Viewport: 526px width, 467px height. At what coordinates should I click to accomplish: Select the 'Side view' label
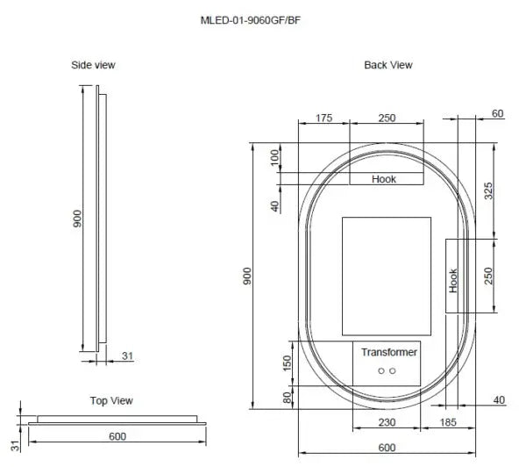point(93,65)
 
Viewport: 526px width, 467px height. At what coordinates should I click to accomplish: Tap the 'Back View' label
point(387,65)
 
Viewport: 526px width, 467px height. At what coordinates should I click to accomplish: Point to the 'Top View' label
point(110,400)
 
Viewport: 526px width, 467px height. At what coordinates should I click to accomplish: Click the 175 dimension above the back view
point(323,118)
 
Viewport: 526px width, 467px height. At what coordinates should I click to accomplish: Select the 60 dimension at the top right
point(497,113)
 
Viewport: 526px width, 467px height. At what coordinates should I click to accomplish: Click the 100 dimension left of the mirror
point(274,157)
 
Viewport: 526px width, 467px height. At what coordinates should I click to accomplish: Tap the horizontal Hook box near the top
point(384,178)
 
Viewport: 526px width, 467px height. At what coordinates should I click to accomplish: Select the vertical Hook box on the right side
point(453,279)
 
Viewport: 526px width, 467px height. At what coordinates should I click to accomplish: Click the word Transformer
point(389,352)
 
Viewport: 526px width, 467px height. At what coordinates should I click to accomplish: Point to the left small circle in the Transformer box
point(380,371)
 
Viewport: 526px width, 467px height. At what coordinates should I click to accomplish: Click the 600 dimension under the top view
point(117,435)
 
